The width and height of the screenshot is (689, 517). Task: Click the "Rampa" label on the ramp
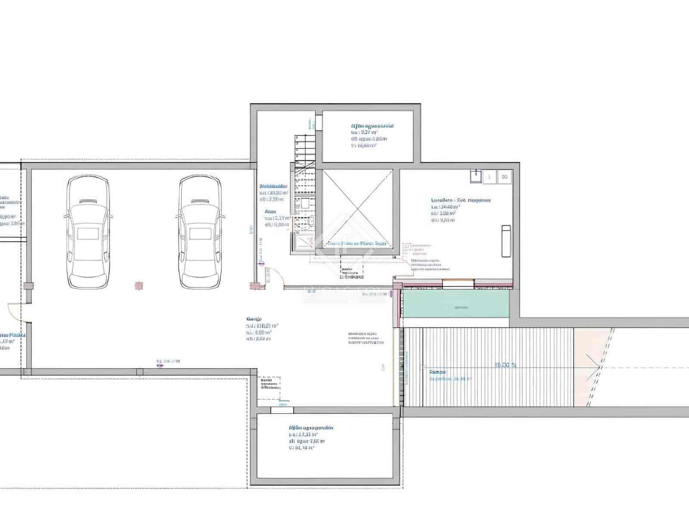[x=438, y=372]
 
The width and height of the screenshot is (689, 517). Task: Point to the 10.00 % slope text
[x=505, y=365]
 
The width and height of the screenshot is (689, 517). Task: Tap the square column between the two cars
[x=139, y=286]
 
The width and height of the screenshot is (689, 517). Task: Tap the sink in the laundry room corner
[x=475, y=176]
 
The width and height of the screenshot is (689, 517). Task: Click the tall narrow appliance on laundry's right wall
[x=506, y=241]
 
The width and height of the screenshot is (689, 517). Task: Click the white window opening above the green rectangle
[x=458, y=283]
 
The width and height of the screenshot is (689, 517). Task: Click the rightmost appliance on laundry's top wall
[x=504, y=177]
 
